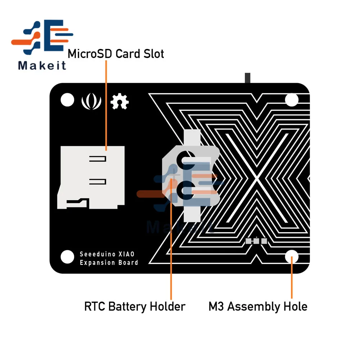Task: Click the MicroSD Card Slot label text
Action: tap(116, 54)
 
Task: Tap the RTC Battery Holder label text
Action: tap(135, 307)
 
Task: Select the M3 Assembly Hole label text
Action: tap(258, 307)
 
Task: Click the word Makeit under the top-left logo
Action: tap(42, 66)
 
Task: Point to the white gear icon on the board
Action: tap(120, 102)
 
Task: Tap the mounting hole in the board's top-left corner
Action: tap(67, 99)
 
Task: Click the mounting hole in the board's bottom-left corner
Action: tap(67, 257)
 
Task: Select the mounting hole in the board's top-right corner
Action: tap(292, 99)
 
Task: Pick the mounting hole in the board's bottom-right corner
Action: tap(292, 257)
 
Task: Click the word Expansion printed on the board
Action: tap(97, 262)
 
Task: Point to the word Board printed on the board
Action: tap(129, 262)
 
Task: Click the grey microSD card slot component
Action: tap(91, 176)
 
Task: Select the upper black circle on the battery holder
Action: tap(185, 158)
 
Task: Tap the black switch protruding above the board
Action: tap(247, 78)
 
